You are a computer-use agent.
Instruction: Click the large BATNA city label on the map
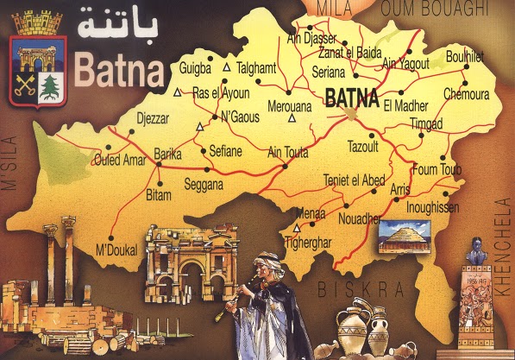(352, 98)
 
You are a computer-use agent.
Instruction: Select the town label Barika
(167, 154)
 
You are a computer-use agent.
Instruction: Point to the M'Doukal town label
(117, 250)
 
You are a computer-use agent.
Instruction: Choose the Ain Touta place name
(288, 153)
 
